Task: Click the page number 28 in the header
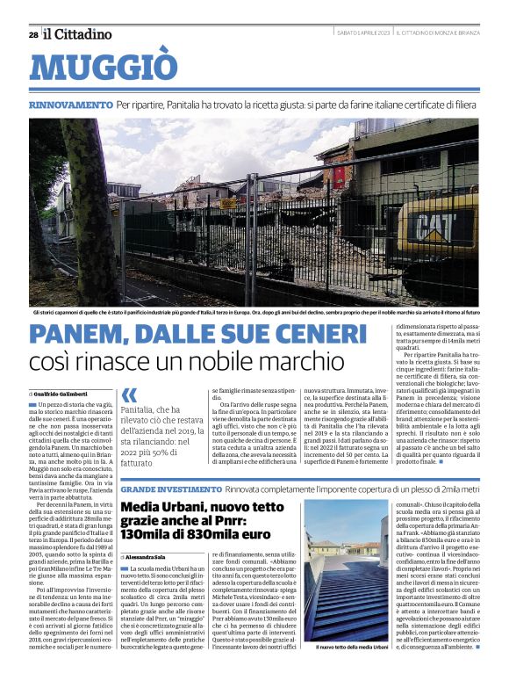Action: pos(32,34)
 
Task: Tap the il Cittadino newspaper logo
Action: pos(79,34)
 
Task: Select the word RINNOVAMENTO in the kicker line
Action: pos(70,104)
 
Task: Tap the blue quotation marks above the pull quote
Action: pos(130,394)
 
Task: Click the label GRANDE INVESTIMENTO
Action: pos(171,488)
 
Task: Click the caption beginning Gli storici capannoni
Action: pos(254,312)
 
